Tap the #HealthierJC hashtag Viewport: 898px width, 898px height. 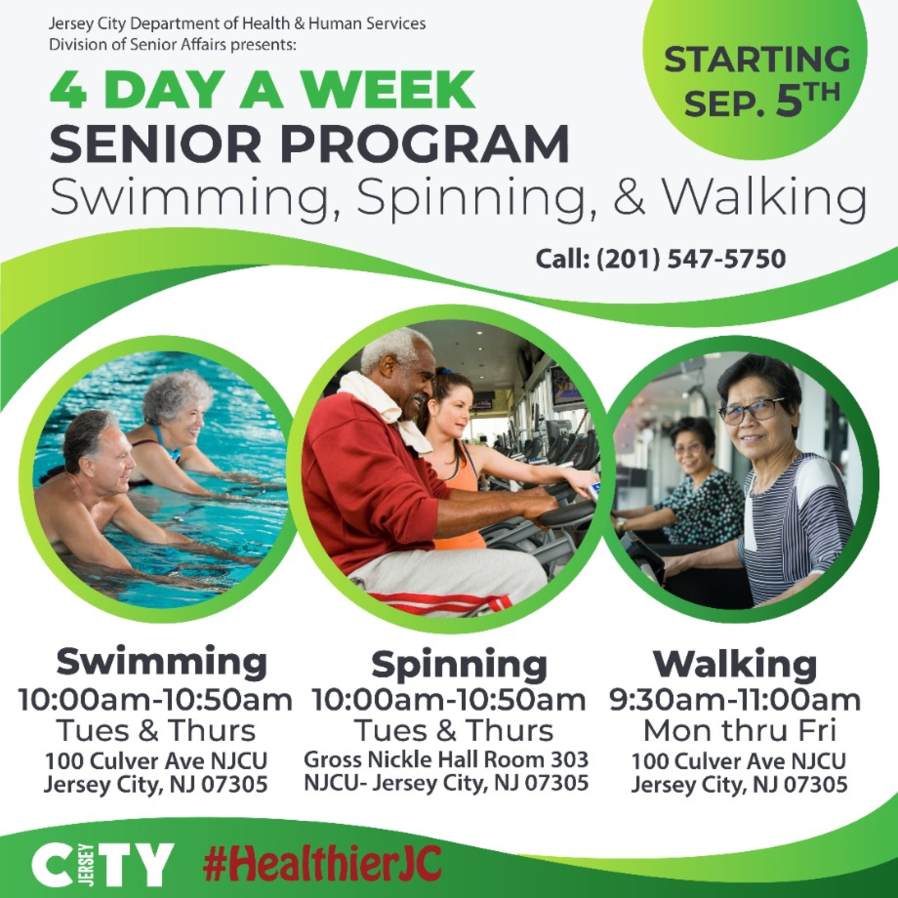323,863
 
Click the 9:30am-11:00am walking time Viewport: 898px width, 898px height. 735,700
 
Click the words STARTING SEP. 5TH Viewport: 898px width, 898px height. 757,80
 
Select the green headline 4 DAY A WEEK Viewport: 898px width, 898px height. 262,90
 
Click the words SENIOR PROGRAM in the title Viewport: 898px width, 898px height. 310,144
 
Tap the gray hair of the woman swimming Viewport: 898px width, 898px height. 177,395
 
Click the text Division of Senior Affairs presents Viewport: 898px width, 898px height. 172,45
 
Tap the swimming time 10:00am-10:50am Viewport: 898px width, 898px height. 155,700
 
